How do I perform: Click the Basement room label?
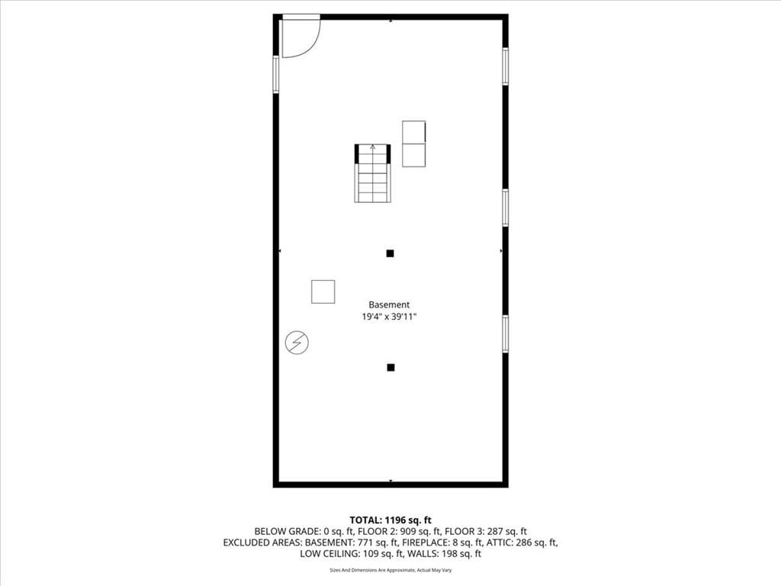(x=389, y=304)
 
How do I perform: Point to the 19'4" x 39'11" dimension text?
(x=389, y=317)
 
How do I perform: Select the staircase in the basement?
(x=372, y=173)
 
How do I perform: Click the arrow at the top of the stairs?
(x=372, y=147)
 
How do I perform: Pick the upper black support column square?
(x=390, y=253)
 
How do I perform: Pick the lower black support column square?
(x=390, y=367)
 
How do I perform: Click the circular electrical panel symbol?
(x=297, y=343)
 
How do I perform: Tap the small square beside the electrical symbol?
(x=323, y=291)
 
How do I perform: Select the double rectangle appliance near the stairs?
(x=414, y=143)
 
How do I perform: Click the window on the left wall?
(x=276, y=75)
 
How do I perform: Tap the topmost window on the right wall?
(x=505, y=66)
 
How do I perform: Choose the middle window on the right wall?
(x=505, y=208)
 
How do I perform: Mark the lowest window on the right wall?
(x=505, y=334)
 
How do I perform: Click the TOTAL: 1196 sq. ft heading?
(x=390, y=520)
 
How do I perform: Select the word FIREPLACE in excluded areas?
(x=426, y=543)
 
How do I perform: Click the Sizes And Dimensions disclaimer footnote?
(x=390, y=570)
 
